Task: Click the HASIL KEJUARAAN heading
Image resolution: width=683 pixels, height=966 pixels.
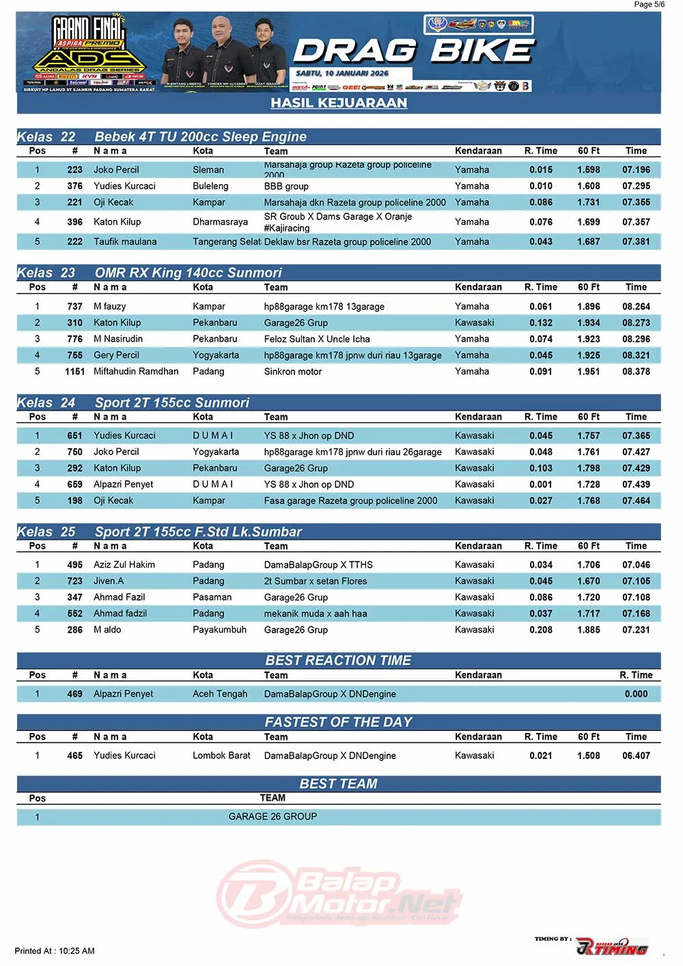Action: click(x=339, y=103)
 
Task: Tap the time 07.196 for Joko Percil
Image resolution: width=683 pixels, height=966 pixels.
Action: click(x=636, y=169)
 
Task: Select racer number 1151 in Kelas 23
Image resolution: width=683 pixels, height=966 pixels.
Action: click(x=74, y=372)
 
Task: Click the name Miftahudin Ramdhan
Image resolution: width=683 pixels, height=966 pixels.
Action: click(x=136, y=372)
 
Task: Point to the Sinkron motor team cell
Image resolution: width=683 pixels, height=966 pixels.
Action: click(x=292, y=372)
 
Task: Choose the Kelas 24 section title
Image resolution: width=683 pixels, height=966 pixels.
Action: click(x=133, y=402)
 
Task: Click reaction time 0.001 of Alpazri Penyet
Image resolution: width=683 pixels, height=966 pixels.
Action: click(x=541, y=484)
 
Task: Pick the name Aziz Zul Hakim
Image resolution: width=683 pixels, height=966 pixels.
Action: click(x=124, y=565)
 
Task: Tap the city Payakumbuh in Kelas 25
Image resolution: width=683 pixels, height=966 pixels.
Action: click(x=219, y=630)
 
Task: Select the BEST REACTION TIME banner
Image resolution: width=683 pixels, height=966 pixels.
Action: click(x=338, y=661)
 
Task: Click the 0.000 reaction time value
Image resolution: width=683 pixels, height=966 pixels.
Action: click(x=636, y=694)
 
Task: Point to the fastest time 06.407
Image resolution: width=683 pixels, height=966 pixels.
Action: click(x=636, y=756)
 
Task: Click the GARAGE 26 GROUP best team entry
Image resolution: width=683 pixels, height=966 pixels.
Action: click(x=273, y=816)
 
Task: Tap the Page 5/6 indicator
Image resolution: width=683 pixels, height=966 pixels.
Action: click(x=649, y=5)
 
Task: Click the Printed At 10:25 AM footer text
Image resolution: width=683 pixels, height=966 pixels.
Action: click(x=55, y=951)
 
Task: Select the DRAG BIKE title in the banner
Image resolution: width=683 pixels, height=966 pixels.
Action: click(x=414, y=51)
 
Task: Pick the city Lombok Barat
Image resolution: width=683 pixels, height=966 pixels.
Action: click(x=221, y=756)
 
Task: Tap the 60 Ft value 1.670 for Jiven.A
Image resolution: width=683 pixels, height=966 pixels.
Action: click(x=588, y=581)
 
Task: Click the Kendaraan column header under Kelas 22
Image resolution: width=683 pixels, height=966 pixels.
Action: click(x=478, y=151)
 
